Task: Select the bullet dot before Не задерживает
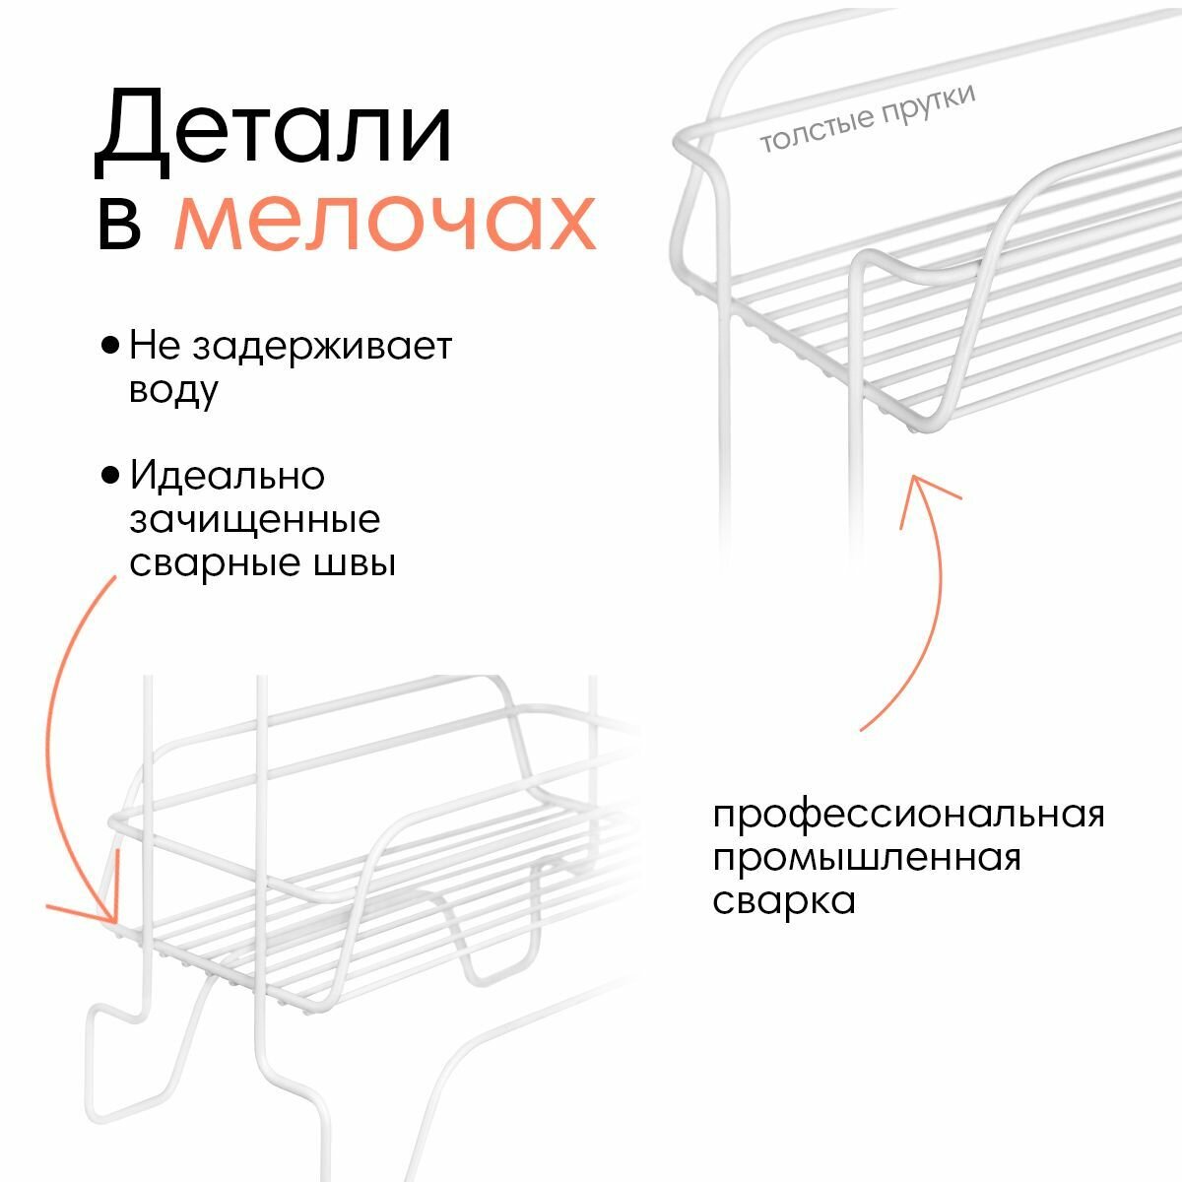[111, 347]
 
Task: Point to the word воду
[173, 391]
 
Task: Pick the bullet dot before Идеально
[111, 476]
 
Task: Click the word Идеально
[228, 476]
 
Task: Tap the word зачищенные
[254, 519]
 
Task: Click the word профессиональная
[908, 817]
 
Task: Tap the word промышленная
[867, 858]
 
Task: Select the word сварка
[784, 900]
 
